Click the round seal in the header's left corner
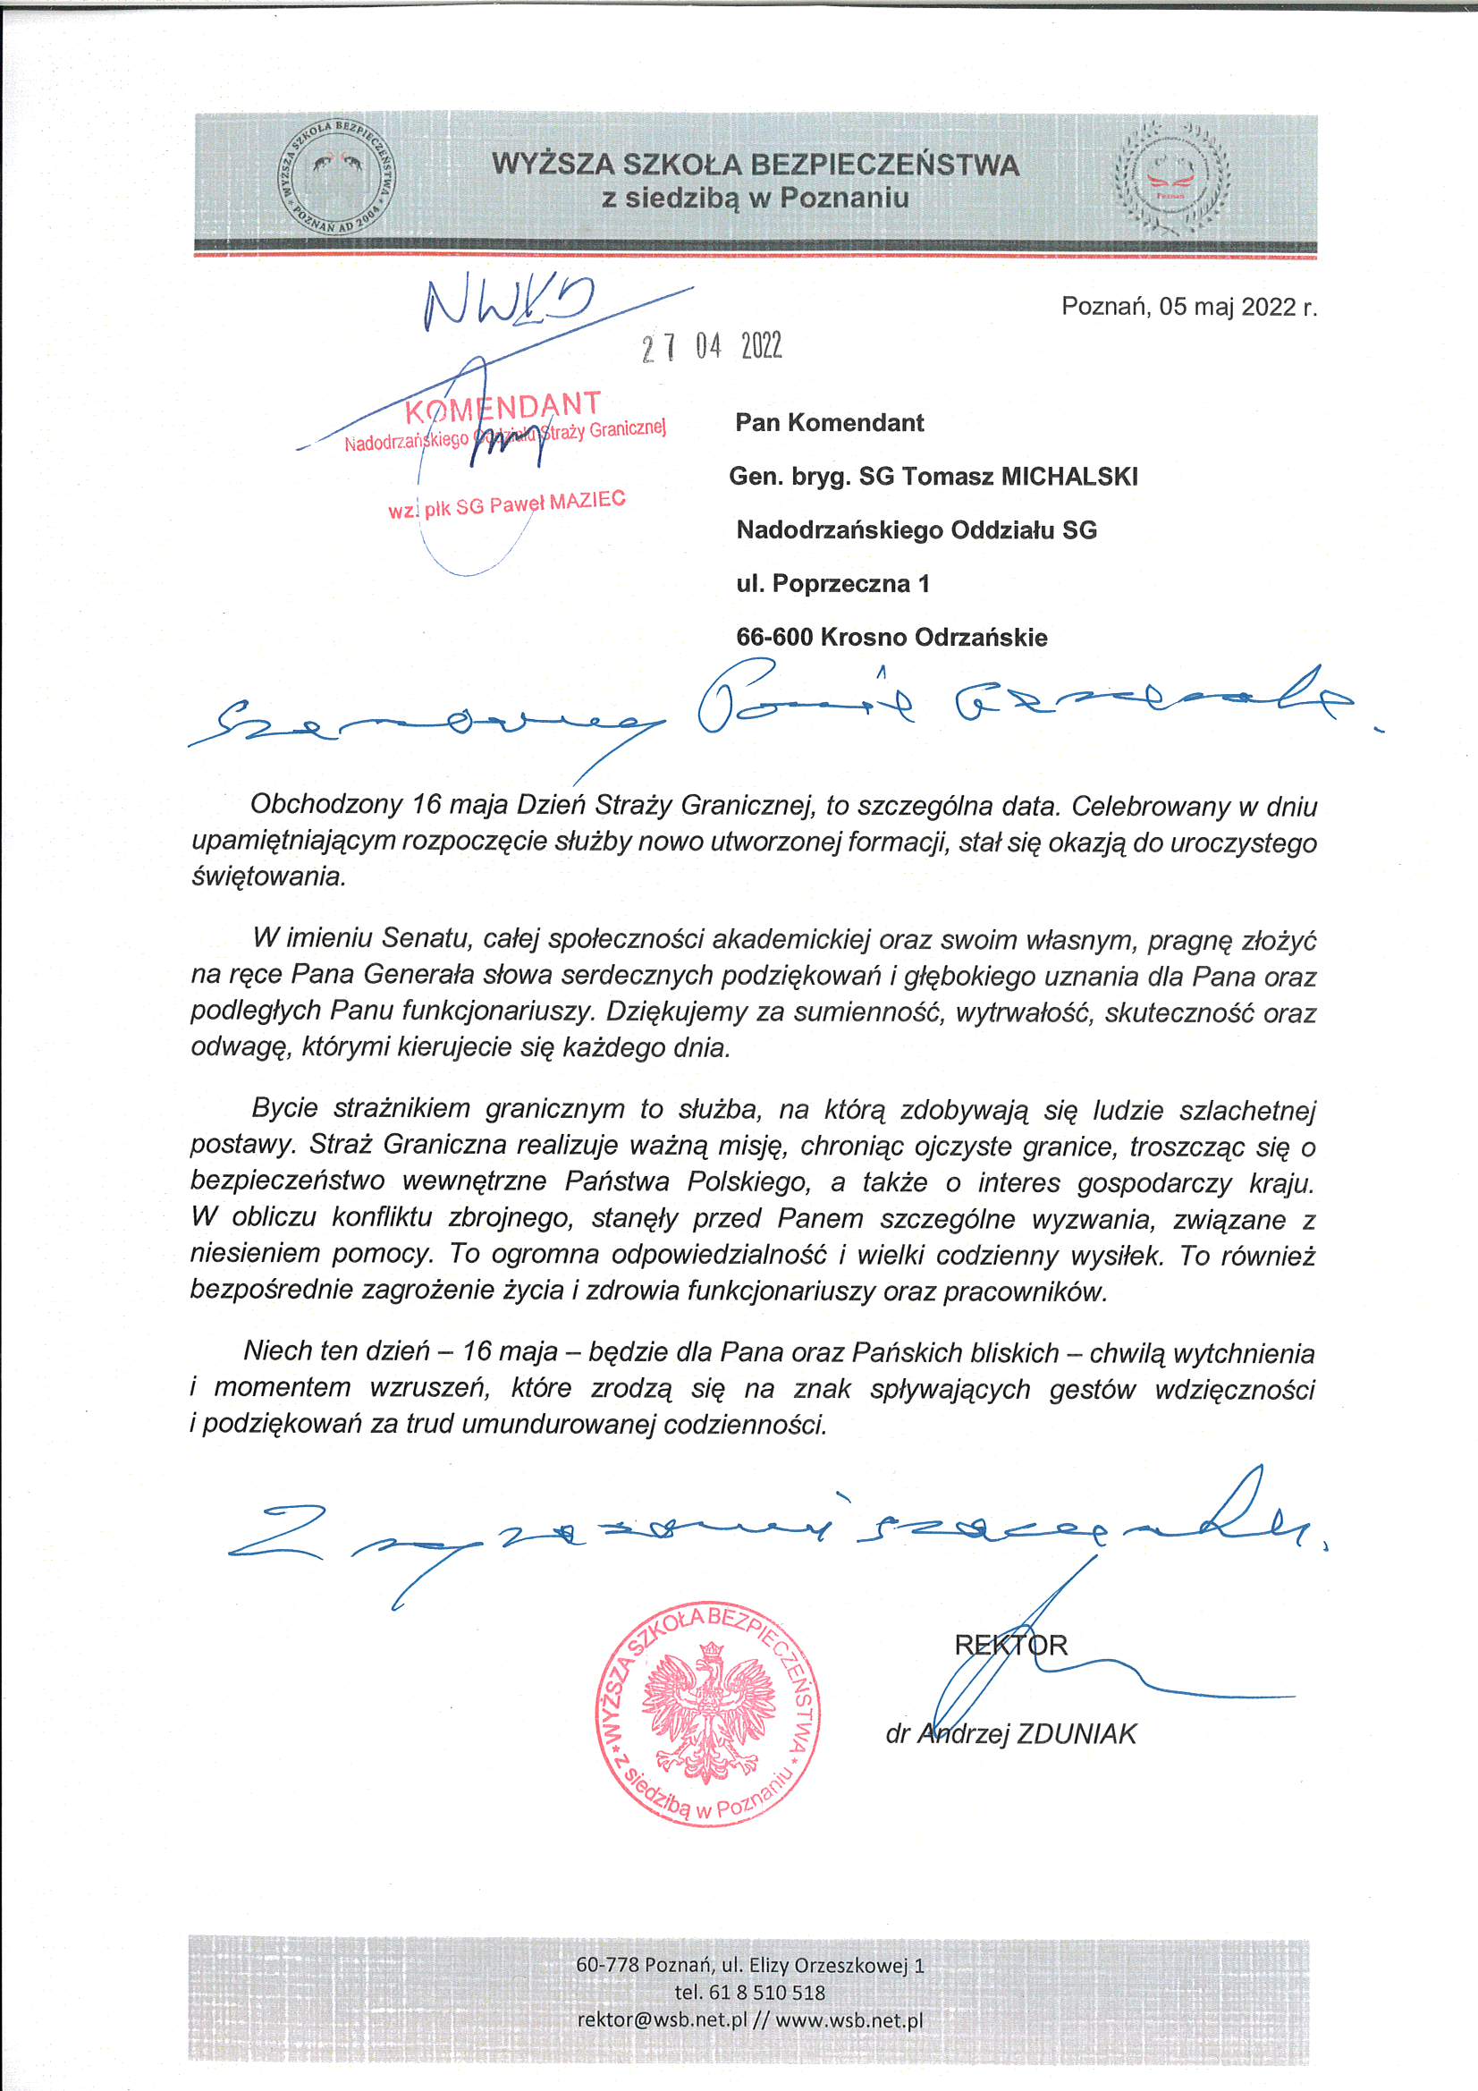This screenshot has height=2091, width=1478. click(x=337, y=176)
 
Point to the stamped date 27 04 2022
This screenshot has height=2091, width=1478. click(x=711, y=346)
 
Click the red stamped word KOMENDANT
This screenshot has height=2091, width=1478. click(x=503, y=407)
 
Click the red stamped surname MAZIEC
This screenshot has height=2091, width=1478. click(x=587, y=500)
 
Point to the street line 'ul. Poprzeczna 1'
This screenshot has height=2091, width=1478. click(x=832, y=584)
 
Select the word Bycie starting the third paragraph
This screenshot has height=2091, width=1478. click(x=284, y=1108)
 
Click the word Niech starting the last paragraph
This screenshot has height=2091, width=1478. click(x=279, y=1350)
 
